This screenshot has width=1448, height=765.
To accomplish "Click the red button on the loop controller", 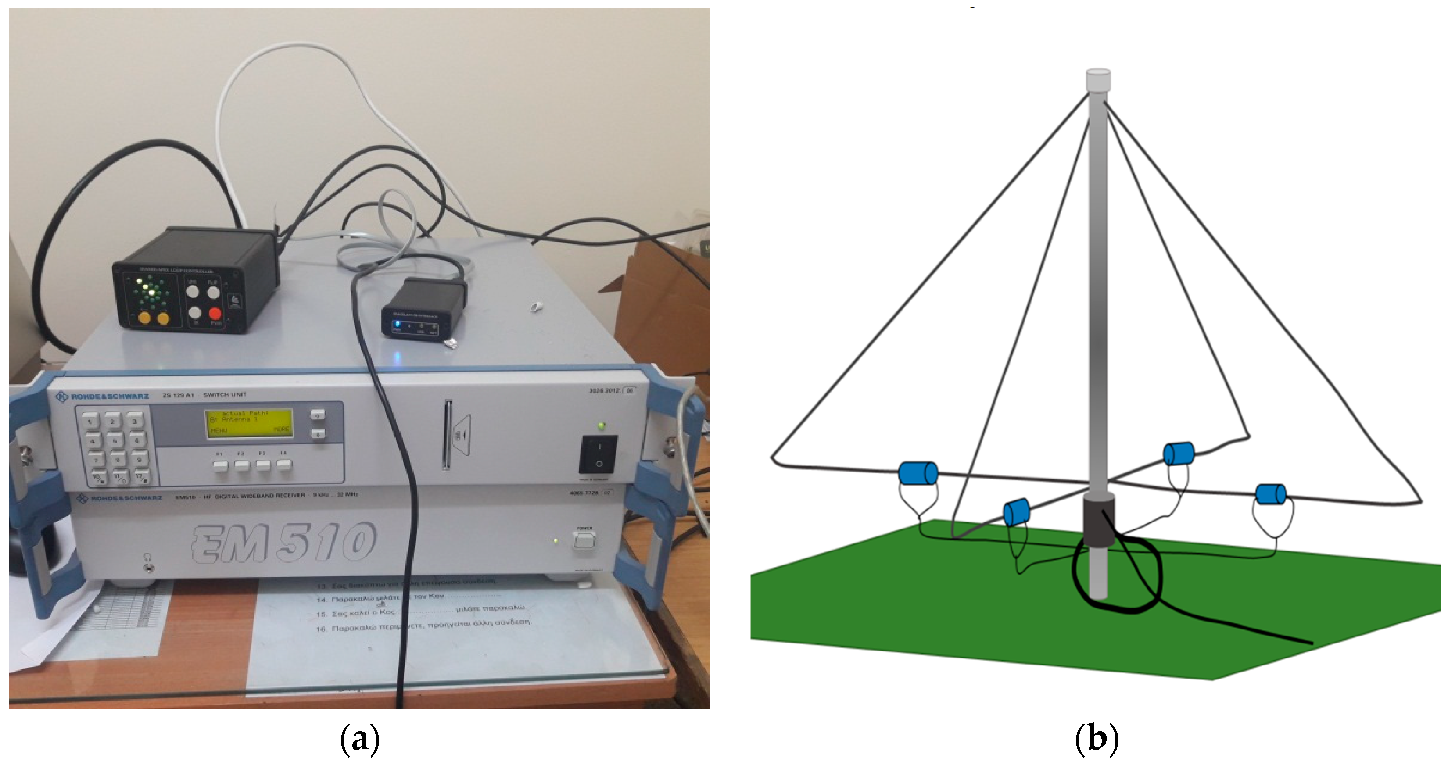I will [x=215, y=314].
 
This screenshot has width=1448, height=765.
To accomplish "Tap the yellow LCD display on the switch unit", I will [x=249, y=423].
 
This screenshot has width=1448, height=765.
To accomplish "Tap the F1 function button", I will [x=220, y=465].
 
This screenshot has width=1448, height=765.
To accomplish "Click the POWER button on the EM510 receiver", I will [x=584, y=540].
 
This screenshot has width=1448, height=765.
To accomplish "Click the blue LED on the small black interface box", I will [x=397, y=324].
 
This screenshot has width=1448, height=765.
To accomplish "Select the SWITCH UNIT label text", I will [x=225, y=395].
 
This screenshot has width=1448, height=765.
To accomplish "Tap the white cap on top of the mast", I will [x=1098, y=79].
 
